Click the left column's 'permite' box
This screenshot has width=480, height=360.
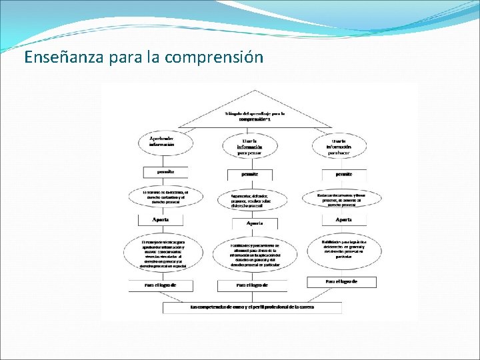165,171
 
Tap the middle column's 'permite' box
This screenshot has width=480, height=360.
249,175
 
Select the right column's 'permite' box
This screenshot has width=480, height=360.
344,174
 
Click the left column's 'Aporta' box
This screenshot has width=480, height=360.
161,219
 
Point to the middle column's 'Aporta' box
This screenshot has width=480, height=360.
254,223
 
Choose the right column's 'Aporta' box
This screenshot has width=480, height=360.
344,219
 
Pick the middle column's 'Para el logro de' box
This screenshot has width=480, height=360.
252,285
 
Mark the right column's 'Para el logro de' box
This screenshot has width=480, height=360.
341,282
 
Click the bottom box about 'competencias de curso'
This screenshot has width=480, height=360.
252,307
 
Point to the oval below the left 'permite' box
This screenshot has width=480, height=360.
163,196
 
